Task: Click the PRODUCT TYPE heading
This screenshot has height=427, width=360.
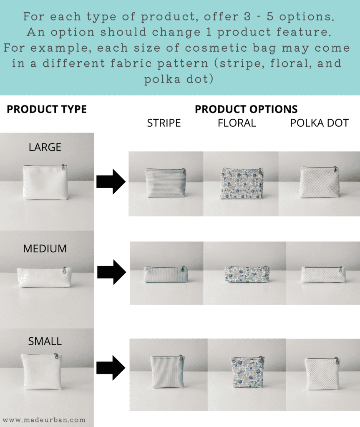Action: pyautogui.click(x=47, y=109)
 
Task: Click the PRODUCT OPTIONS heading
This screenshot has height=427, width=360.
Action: pyautogui.click(x=246, y=109)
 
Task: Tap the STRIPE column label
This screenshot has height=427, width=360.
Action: pyautogui.click(x=164, y=123)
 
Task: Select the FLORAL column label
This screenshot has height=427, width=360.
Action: pyautogui.click(x=237, y=123)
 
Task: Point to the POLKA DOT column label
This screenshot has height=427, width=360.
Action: pyautogui.click(x=319, y=123)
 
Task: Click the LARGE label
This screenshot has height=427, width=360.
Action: pyautogui.click(x=45, y=147)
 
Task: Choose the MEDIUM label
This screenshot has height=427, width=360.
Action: pyautogui.click(x=45, y=249)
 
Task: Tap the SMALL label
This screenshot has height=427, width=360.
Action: pyautogui.click(x=45, y=342)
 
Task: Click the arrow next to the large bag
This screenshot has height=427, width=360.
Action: pyautogui.click(x=111, y=182)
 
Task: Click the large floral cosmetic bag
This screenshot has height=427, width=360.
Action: pyautogui.click(x=242, y=183)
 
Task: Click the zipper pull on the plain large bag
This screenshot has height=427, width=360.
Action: pyautogui.click(x=63, y=167)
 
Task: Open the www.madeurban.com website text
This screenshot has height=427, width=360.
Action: pyautogui.click(x=44, y=420)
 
